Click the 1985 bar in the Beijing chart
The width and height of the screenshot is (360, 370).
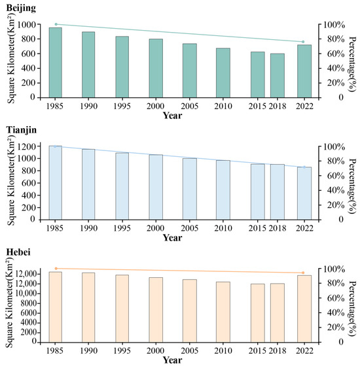56,62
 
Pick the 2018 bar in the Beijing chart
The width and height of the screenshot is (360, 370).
278,75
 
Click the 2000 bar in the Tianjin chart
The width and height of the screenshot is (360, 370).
156,187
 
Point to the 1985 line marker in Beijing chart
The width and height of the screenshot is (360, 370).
56,24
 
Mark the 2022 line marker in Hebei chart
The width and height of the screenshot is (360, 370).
303,273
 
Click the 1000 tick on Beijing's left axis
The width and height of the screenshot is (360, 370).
31,25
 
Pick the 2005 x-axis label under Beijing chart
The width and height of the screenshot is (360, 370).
189,105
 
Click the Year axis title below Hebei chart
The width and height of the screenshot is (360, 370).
172,360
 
